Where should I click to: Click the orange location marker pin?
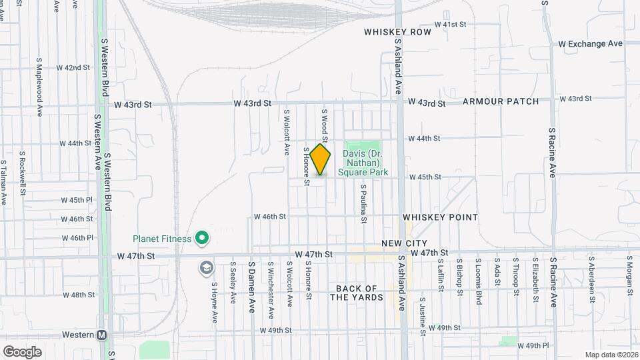tap(321, 160)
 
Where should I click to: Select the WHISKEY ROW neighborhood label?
tap(398, 32)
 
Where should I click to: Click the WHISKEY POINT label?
tap(440, 217)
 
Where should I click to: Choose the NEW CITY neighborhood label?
tap(404, 243)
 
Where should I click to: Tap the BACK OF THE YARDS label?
tap(357, 293)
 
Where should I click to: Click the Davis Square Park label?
tap(361, 163)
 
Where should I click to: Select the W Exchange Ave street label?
tap(590, 43)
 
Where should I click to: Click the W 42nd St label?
tap(73, 68)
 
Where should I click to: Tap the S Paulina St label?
tap(364, 201)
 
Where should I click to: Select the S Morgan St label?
tap(629, 275)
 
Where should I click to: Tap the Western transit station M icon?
tap(102, 335)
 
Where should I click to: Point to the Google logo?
tap(22, 351)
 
